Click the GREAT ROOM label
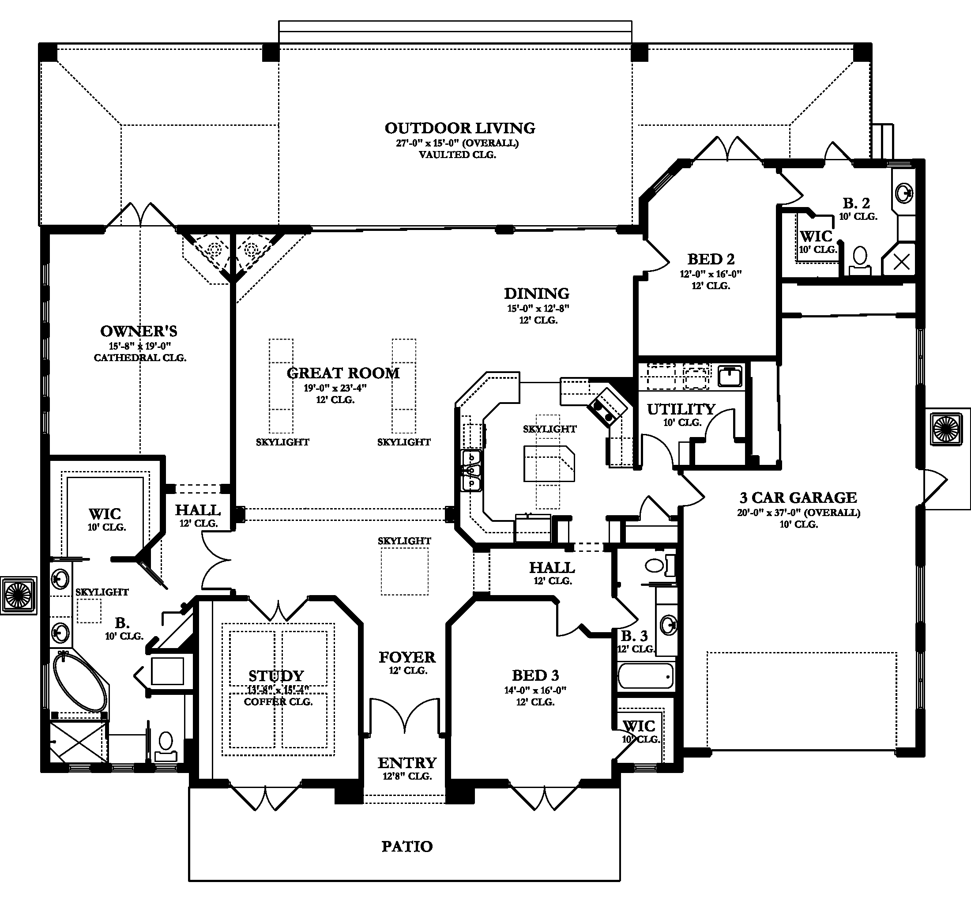click(343, 373)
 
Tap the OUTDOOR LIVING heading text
click(459, 128)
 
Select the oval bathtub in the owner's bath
click(79, 682)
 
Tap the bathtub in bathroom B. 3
click(645, 676)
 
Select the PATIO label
click(407, 846)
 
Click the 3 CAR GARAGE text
click(798, 498)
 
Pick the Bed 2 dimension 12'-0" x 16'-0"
click(711, 274)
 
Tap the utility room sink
click(730, 376)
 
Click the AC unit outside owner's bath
click(18, 595)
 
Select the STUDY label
click(276, 676)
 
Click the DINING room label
click(536, 294)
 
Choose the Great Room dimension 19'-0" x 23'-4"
click(335, 388)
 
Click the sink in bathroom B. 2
click(903, 193)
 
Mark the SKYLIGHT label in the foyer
click(404, 541)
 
